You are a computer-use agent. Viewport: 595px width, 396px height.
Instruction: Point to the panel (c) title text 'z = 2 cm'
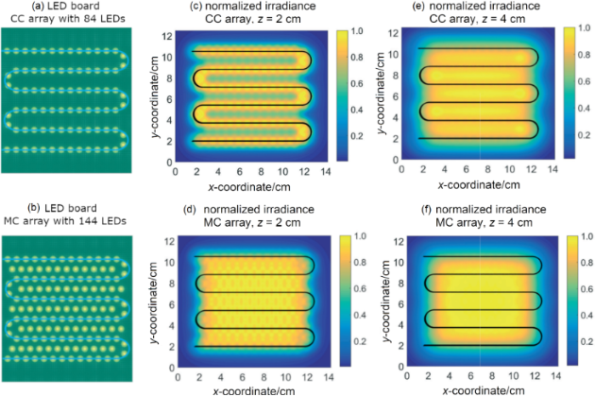280,20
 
